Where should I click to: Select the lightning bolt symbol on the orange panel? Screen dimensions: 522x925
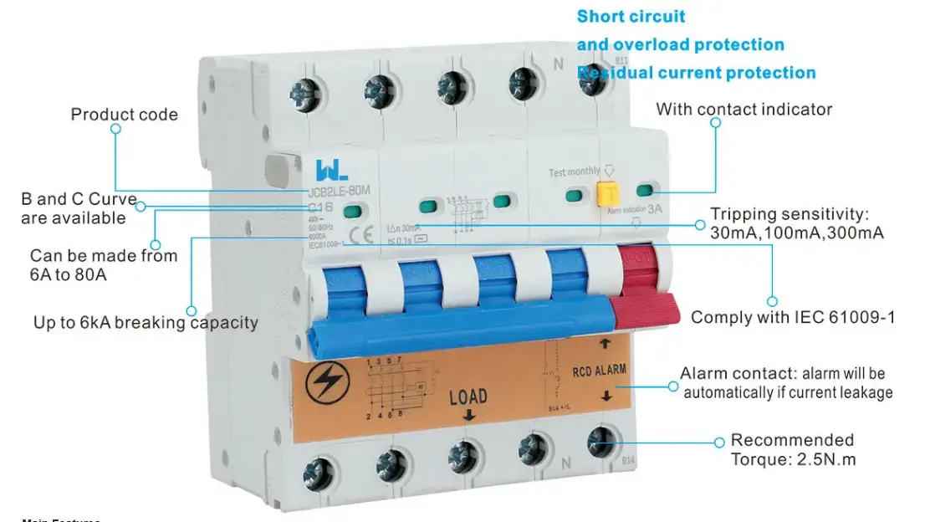330,383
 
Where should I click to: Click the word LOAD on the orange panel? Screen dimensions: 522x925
468,397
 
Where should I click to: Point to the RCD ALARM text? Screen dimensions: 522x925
599,369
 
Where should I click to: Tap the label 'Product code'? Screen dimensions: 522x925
124,115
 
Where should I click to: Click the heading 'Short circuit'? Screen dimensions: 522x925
631,17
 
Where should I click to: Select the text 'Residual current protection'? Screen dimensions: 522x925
696,73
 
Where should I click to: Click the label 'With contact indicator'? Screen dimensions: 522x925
744,110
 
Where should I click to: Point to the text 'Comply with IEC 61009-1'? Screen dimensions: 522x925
792,317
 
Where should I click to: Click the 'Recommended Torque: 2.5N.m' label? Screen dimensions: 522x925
792,449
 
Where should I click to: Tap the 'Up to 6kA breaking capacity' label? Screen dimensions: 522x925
146,322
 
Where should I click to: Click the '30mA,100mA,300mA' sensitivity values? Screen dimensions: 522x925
796,233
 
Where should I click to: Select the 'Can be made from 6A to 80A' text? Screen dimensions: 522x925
103,264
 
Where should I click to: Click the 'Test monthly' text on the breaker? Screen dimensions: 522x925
574,172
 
